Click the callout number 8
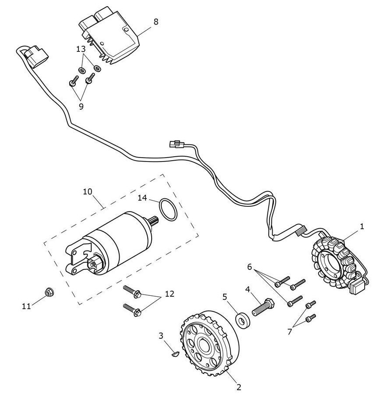point(156,22)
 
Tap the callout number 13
point(81,49)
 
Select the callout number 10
point(88,191)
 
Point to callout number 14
point(142,198)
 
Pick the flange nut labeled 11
point(50,291)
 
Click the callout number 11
point(27,306)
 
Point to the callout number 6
point(249,266)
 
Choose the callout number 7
point(290,331)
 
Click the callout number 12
point(169,294)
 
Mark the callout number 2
point(238,387)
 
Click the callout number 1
point(362,226)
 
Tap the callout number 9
point(81,106)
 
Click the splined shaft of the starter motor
point(154,222)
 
